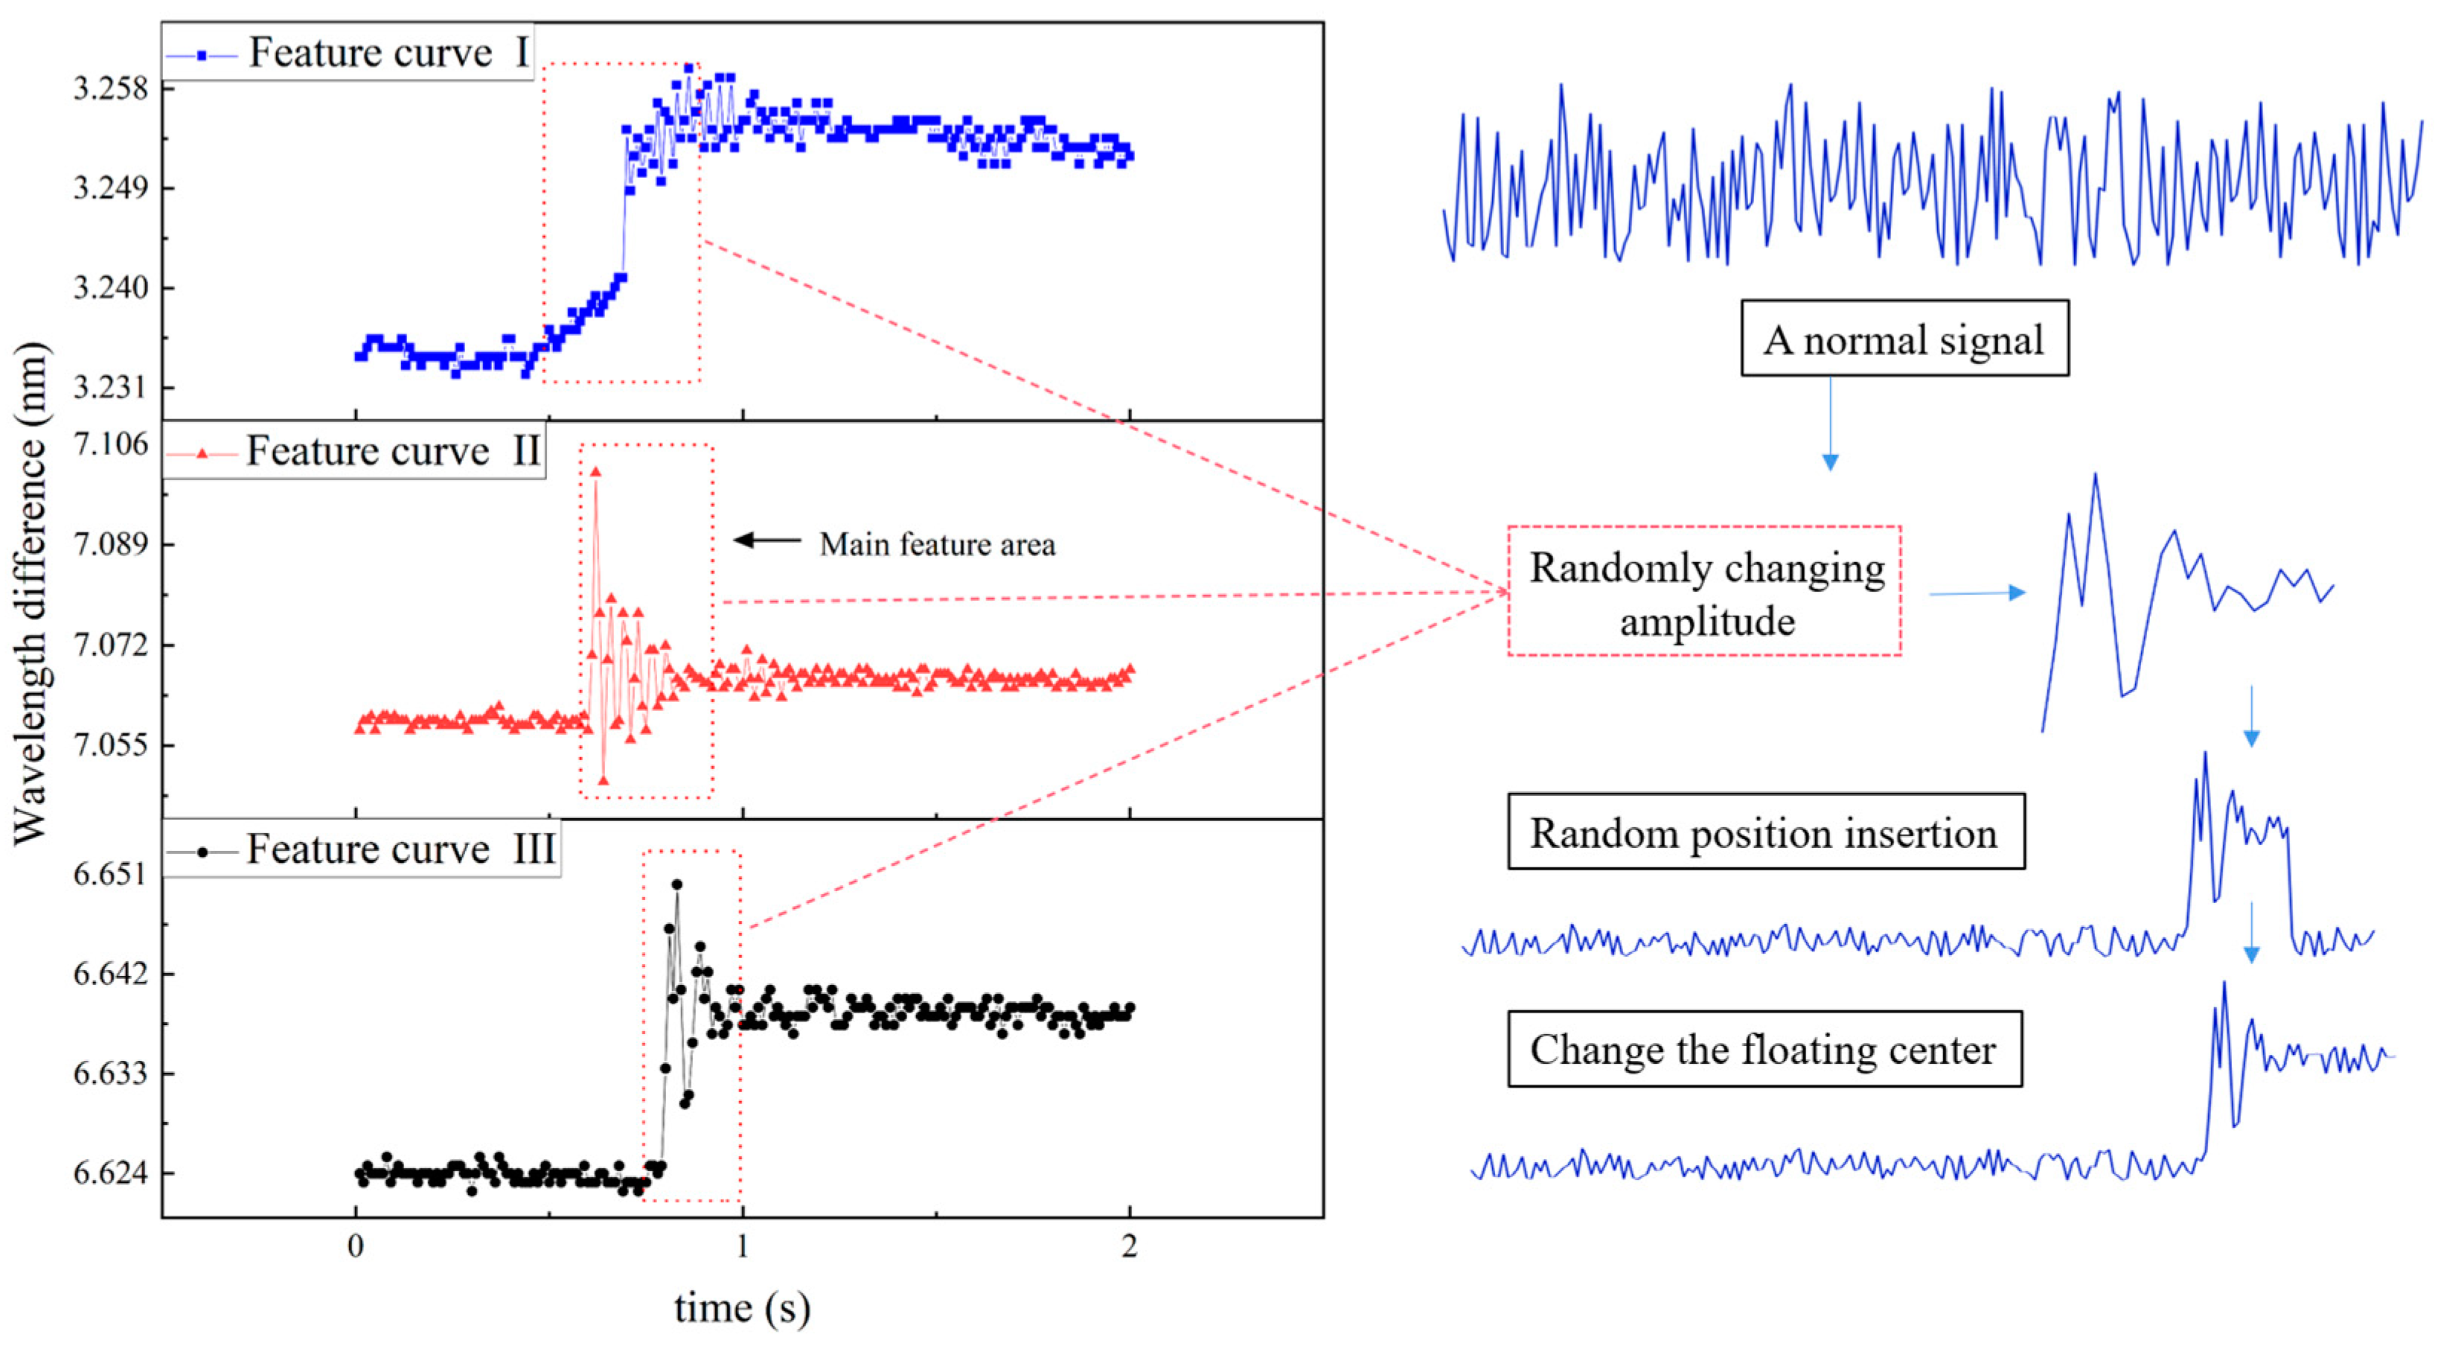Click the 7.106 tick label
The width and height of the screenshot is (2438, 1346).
tap(111, 444)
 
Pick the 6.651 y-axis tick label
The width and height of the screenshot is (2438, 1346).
tap(111, 874)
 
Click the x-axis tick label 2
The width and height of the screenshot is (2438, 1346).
tap(1129, 1246)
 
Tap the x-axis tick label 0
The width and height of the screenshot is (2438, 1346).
tap(355, 1246)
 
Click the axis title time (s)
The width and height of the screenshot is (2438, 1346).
tap(742, 1308)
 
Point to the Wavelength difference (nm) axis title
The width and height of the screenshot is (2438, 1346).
tap(31, 593)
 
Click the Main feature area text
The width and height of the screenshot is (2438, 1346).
tap(936, 544)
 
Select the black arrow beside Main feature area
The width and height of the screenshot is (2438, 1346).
tap(767, 540)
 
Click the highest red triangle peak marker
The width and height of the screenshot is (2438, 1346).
tap(595, 471)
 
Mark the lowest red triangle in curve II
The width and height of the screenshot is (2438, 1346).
tap(603, 781)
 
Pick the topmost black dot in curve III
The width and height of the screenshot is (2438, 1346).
tap(676, 884)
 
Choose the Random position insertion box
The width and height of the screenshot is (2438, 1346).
tap(1765, 832)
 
